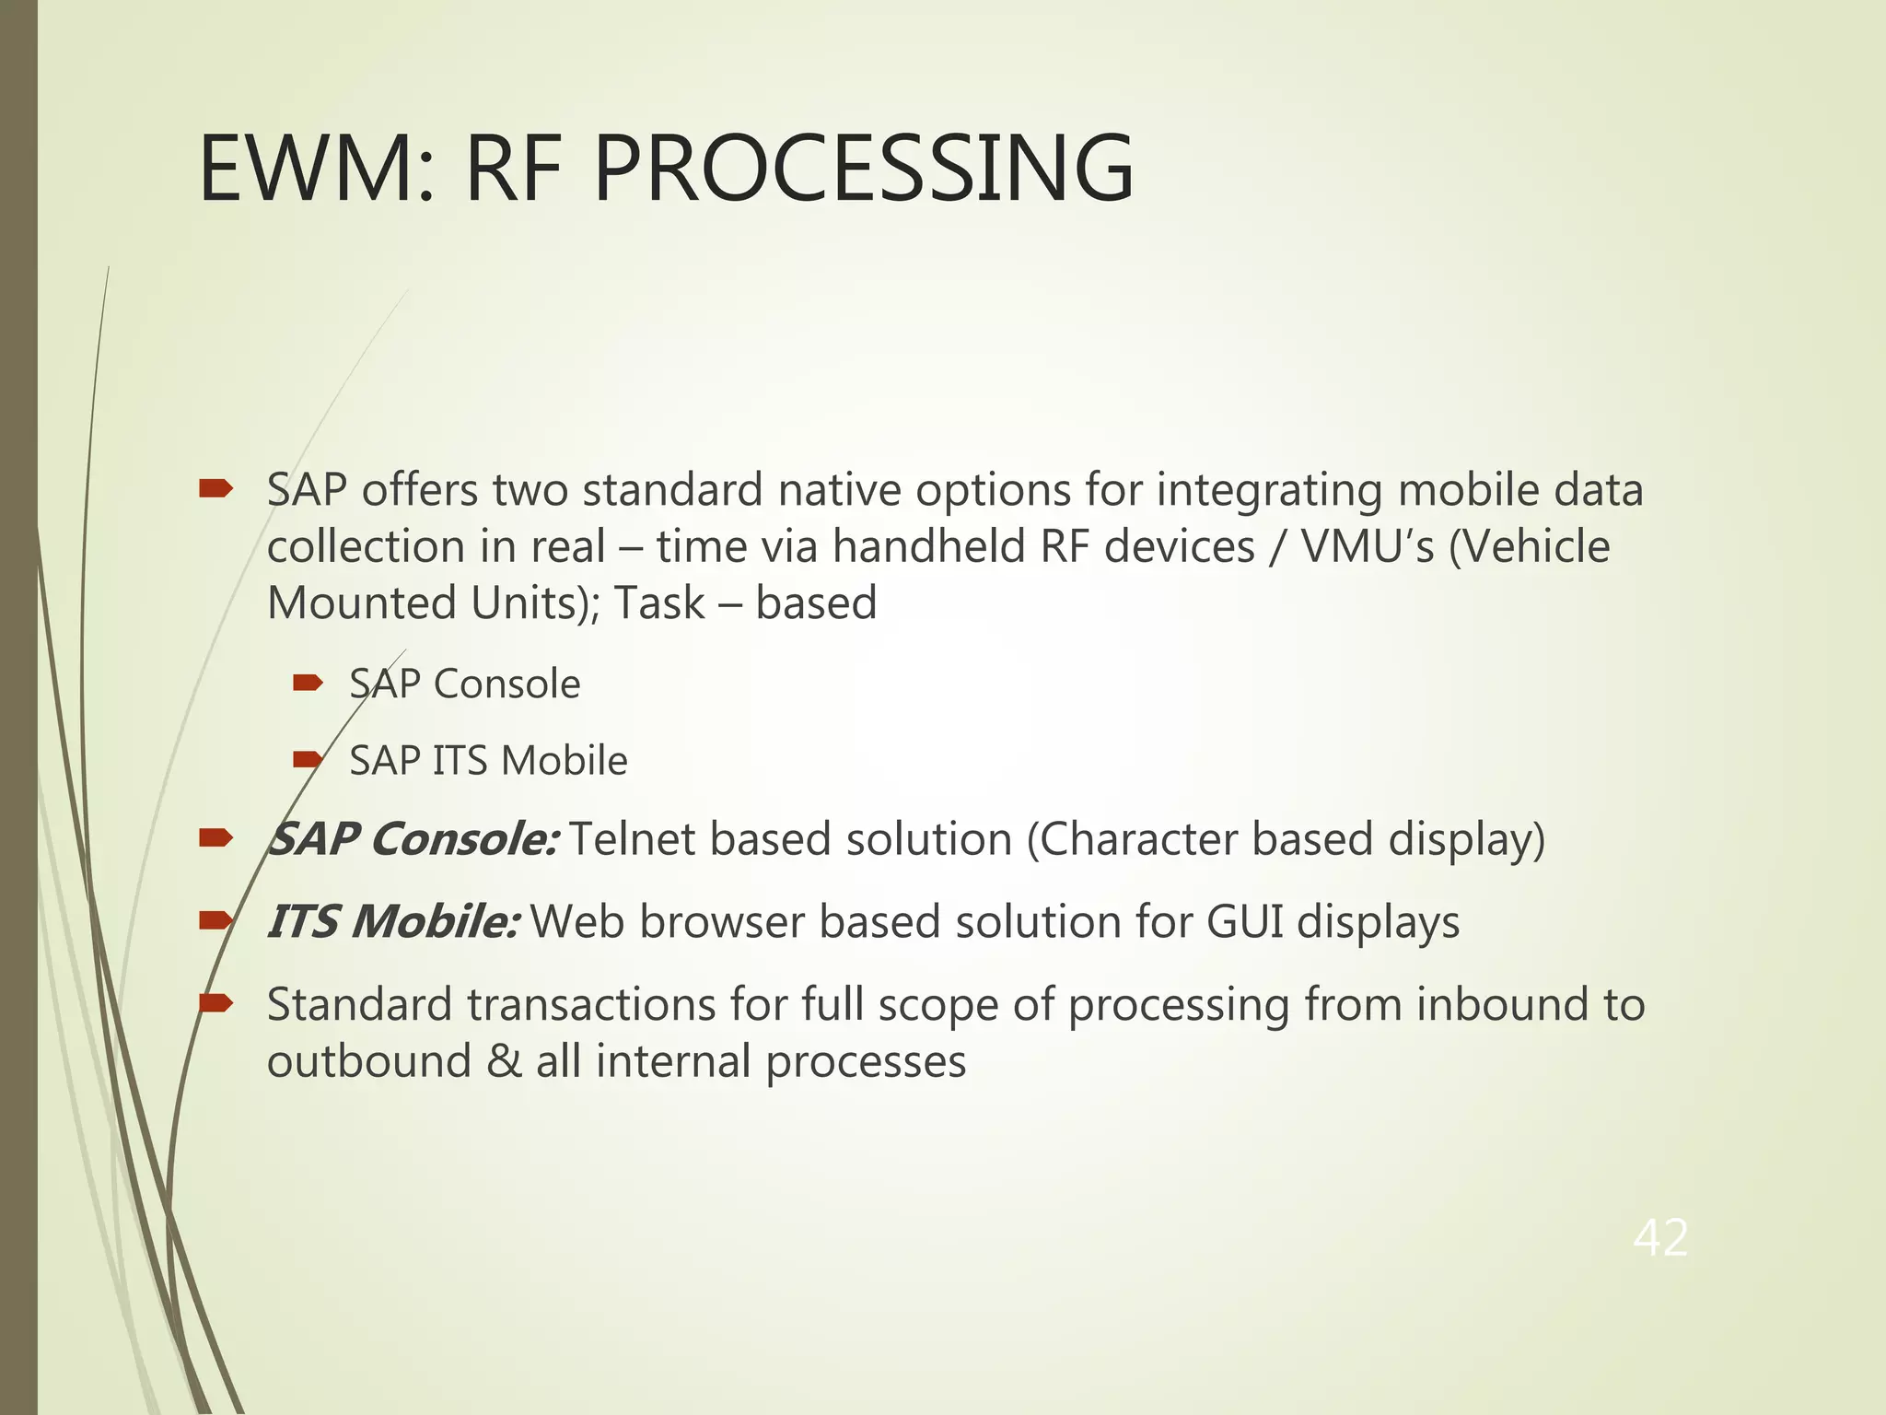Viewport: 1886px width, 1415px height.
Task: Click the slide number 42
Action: point(1660,1237)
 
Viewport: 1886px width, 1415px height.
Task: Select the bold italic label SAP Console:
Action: point(412,839)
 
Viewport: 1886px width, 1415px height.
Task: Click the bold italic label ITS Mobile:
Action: point(393,922)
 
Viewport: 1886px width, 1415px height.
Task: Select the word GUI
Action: point(1244,922)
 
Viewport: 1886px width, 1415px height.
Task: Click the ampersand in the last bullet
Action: point(504,1061)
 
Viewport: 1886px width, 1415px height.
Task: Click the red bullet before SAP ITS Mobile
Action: point(307,760)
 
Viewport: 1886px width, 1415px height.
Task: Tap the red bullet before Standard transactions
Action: point(216,1003)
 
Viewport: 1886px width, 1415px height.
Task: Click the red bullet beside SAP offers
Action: point(216,489)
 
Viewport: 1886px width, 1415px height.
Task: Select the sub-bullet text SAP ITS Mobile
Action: point(488,761)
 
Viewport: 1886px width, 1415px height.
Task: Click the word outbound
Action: point(368,1061)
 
